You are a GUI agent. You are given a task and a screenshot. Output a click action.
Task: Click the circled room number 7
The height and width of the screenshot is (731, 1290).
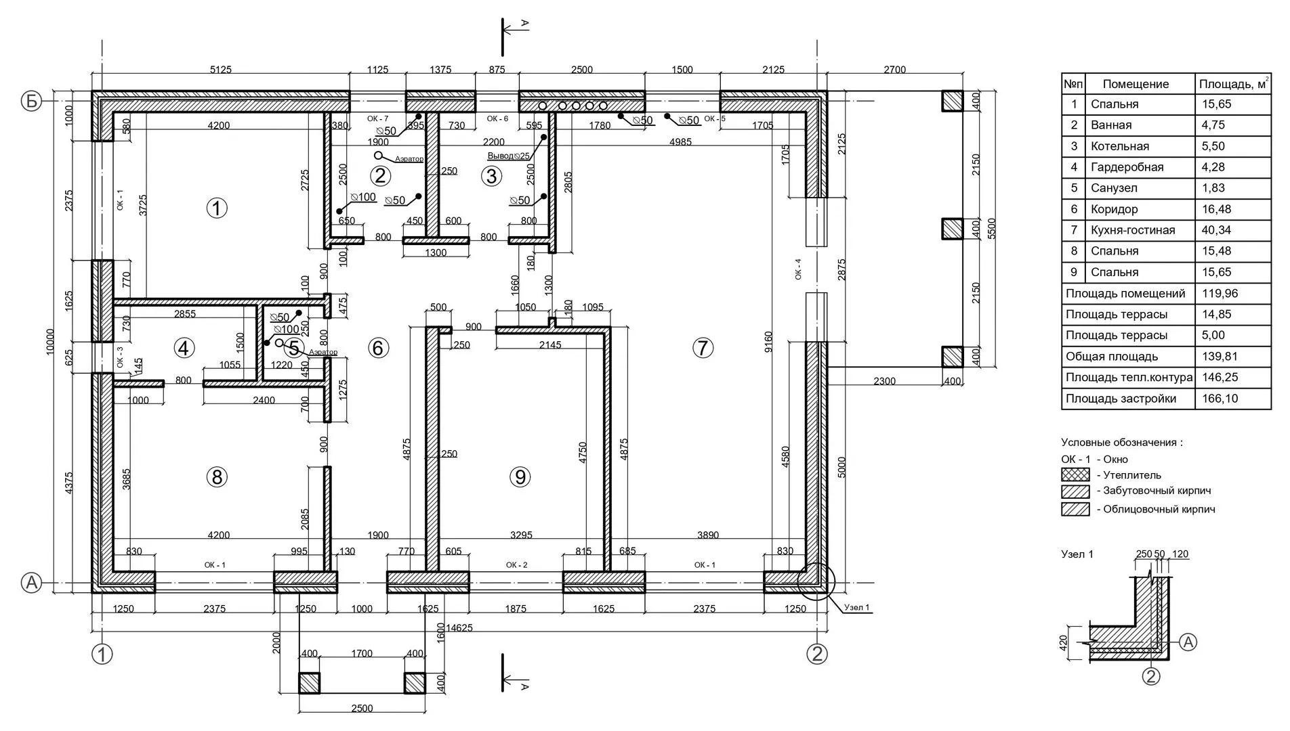point(703,348)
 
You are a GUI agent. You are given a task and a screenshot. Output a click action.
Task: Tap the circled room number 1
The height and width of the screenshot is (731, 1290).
point(216,208)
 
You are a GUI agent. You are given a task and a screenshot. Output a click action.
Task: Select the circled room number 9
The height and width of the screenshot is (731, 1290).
point(520,477)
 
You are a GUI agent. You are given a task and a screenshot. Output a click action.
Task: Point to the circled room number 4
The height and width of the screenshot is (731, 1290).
point(184,348)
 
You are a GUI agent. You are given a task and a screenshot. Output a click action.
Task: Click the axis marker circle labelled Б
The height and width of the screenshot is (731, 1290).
point(31,102)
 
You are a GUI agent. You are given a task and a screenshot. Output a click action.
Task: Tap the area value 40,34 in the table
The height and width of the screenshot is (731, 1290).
point(1217,230)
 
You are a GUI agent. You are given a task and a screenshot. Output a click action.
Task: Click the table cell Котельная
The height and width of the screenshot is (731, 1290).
point(1120,146)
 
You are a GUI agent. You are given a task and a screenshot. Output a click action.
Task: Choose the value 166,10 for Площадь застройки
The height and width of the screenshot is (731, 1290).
point(1220,399)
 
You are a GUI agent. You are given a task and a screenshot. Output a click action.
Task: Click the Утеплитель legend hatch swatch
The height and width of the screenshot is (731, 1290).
point(1075,474)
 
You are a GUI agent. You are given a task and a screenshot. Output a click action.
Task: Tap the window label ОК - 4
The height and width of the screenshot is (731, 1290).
point(798,269)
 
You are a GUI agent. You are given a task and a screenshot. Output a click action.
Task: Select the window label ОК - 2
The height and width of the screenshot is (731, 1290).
point(516,565)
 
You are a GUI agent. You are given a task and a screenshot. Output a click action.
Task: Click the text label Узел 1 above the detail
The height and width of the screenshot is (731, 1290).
point(1077,554)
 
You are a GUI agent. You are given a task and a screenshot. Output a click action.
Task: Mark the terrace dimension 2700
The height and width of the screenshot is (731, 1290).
point(894,70)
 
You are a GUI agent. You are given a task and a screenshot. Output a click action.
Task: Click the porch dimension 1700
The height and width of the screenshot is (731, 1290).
point(362,653)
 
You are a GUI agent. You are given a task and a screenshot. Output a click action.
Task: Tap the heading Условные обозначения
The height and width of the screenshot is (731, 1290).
point(1122,442)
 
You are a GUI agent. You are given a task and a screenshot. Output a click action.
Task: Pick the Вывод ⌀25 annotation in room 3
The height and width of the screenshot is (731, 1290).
point(508,156)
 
